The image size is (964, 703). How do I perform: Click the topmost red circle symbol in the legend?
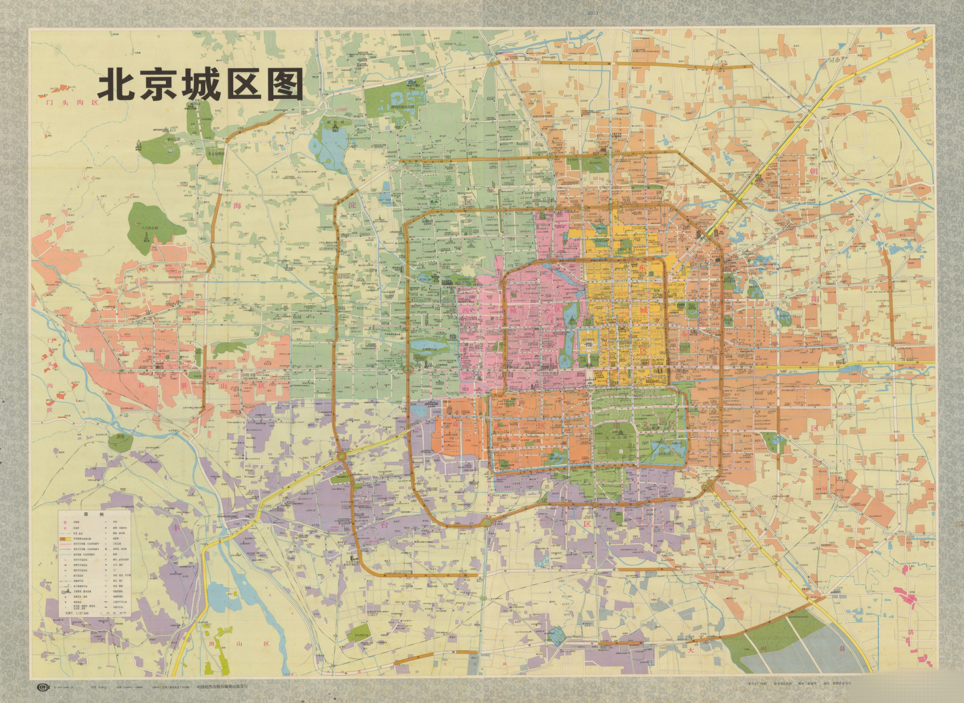(x=64, y=522)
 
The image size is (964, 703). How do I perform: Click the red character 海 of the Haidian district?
(x=237, y=205)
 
